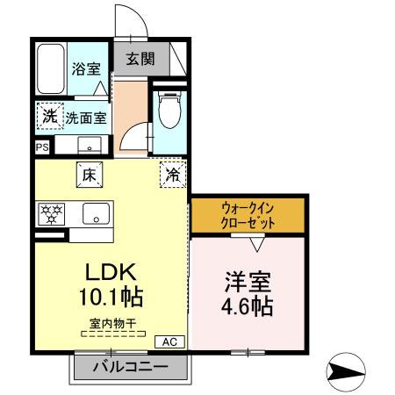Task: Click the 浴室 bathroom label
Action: click(85, 68)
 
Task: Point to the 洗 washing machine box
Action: click(49, 115)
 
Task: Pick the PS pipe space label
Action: click(42, 147)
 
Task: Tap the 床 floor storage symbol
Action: click(90, 174)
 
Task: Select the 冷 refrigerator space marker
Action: click(173, 175)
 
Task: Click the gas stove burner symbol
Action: click(50, 213)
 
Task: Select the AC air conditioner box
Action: click(169, 341)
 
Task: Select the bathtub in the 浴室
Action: click(51, 68)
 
